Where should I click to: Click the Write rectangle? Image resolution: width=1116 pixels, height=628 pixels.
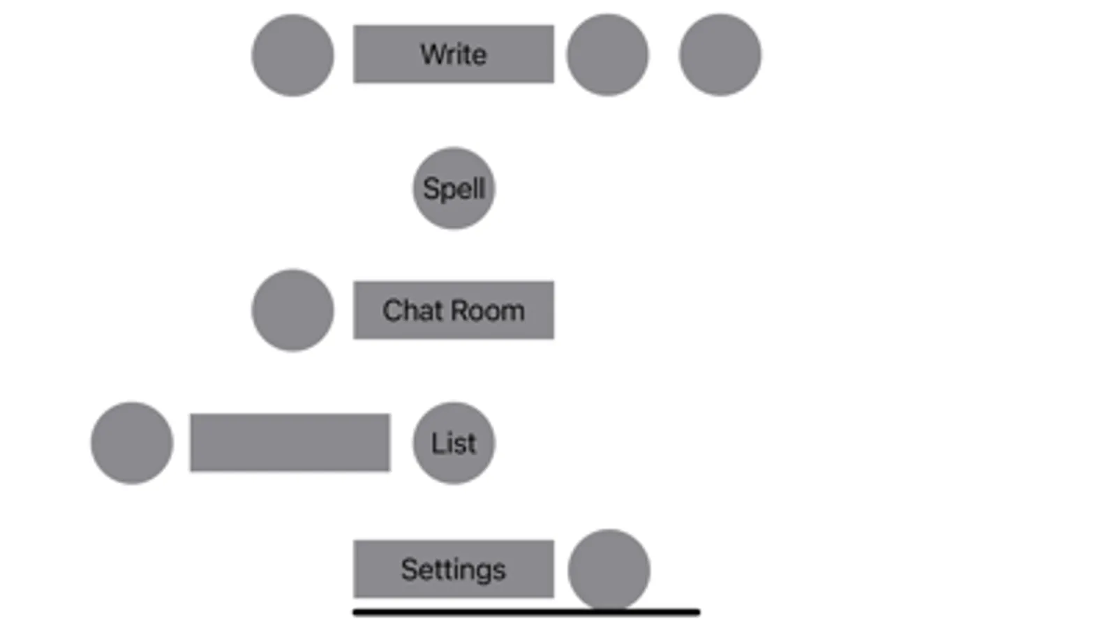click(454, 54)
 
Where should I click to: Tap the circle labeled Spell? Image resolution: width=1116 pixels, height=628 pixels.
click(454, 188)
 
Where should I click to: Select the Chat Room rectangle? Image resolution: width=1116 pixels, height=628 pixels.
click(454, 311)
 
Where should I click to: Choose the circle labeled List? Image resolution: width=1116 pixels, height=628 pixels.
click(454, 443)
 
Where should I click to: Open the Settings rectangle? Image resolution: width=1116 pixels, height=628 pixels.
click(454, 569)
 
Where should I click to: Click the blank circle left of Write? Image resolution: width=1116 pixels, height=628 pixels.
click(292, 55)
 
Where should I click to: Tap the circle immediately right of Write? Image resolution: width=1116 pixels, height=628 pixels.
click(607, 55)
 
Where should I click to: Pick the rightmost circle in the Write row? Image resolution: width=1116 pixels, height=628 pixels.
click(720, 55)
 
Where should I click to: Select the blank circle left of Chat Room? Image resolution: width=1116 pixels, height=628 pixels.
click(292, 311)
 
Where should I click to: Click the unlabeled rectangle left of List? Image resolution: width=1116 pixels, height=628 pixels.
click(290, 443)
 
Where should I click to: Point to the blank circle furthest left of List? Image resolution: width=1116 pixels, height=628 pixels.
click(132, 443)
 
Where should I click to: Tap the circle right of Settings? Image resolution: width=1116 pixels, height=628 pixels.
click(609, 569)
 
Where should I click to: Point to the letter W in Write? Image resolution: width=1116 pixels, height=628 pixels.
click(430, 54)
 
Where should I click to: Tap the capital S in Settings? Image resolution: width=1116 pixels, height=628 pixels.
click(408, 569)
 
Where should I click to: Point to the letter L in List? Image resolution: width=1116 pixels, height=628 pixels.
click(436, 443)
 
